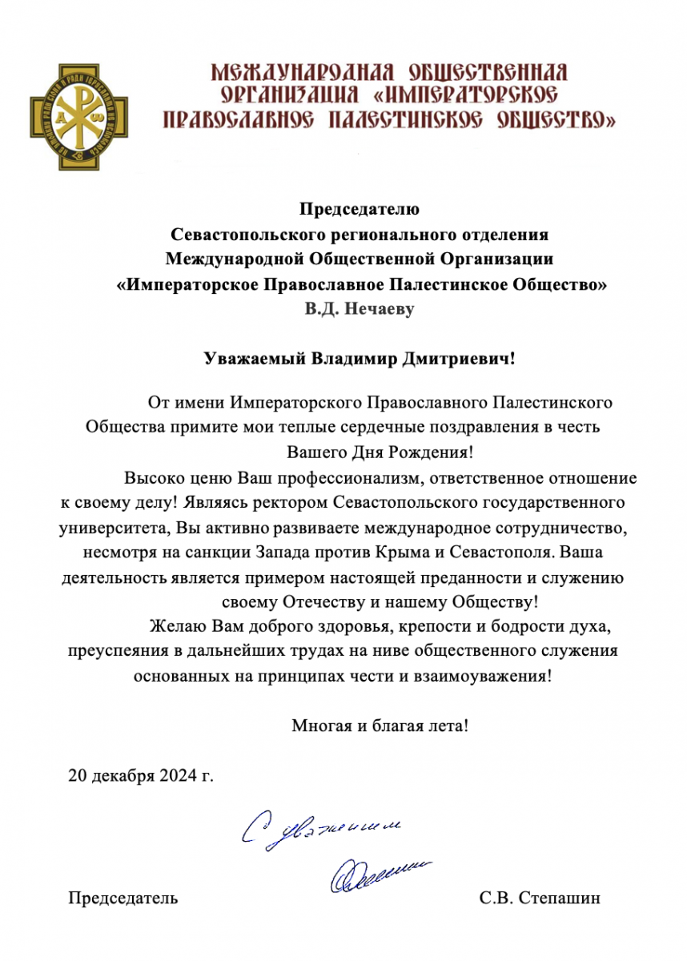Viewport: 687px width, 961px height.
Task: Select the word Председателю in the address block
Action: click(360, 211)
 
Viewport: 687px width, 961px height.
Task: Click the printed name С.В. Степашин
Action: click(540, 899)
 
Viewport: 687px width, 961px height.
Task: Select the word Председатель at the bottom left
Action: click(123, 899)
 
